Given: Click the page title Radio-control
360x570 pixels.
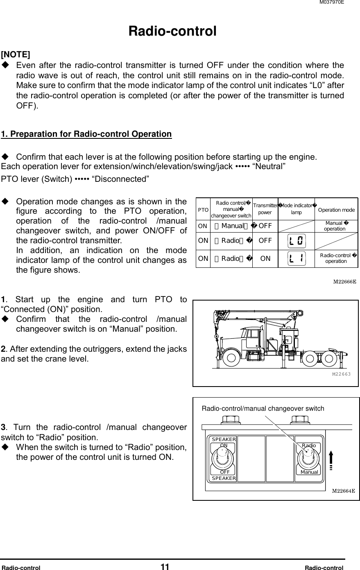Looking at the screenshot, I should (172, 31).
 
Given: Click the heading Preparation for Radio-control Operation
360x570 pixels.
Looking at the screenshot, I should (86, 134).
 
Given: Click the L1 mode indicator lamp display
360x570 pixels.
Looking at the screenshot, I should (297, 258).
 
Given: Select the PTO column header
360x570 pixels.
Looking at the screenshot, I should (203, 210).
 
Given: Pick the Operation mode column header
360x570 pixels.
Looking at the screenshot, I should (336, 210).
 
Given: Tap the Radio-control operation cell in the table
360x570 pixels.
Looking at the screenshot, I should (337, 258).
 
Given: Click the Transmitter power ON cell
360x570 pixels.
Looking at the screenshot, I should (265, 258).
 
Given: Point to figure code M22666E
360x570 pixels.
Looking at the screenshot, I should (344, 281).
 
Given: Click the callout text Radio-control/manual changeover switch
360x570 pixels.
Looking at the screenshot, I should (263, 408).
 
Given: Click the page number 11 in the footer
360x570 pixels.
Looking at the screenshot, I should (165, 567).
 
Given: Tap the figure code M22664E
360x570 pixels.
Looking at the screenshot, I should (343, 490).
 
